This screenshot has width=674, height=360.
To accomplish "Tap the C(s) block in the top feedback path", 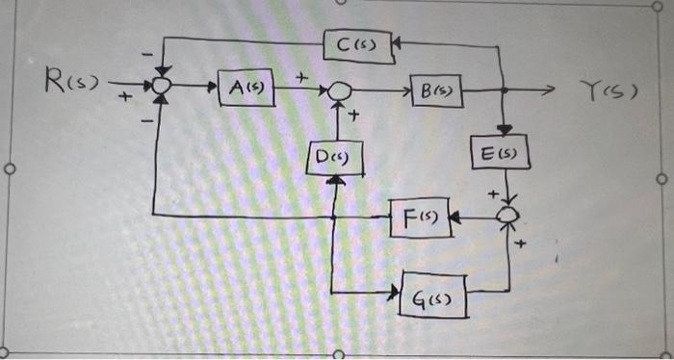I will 356,43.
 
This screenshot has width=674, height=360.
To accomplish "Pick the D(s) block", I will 334,156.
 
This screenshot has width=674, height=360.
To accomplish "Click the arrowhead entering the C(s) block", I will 398,42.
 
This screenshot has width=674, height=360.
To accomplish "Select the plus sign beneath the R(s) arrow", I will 124,97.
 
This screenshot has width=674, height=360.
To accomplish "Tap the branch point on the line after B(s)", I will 504,91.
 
